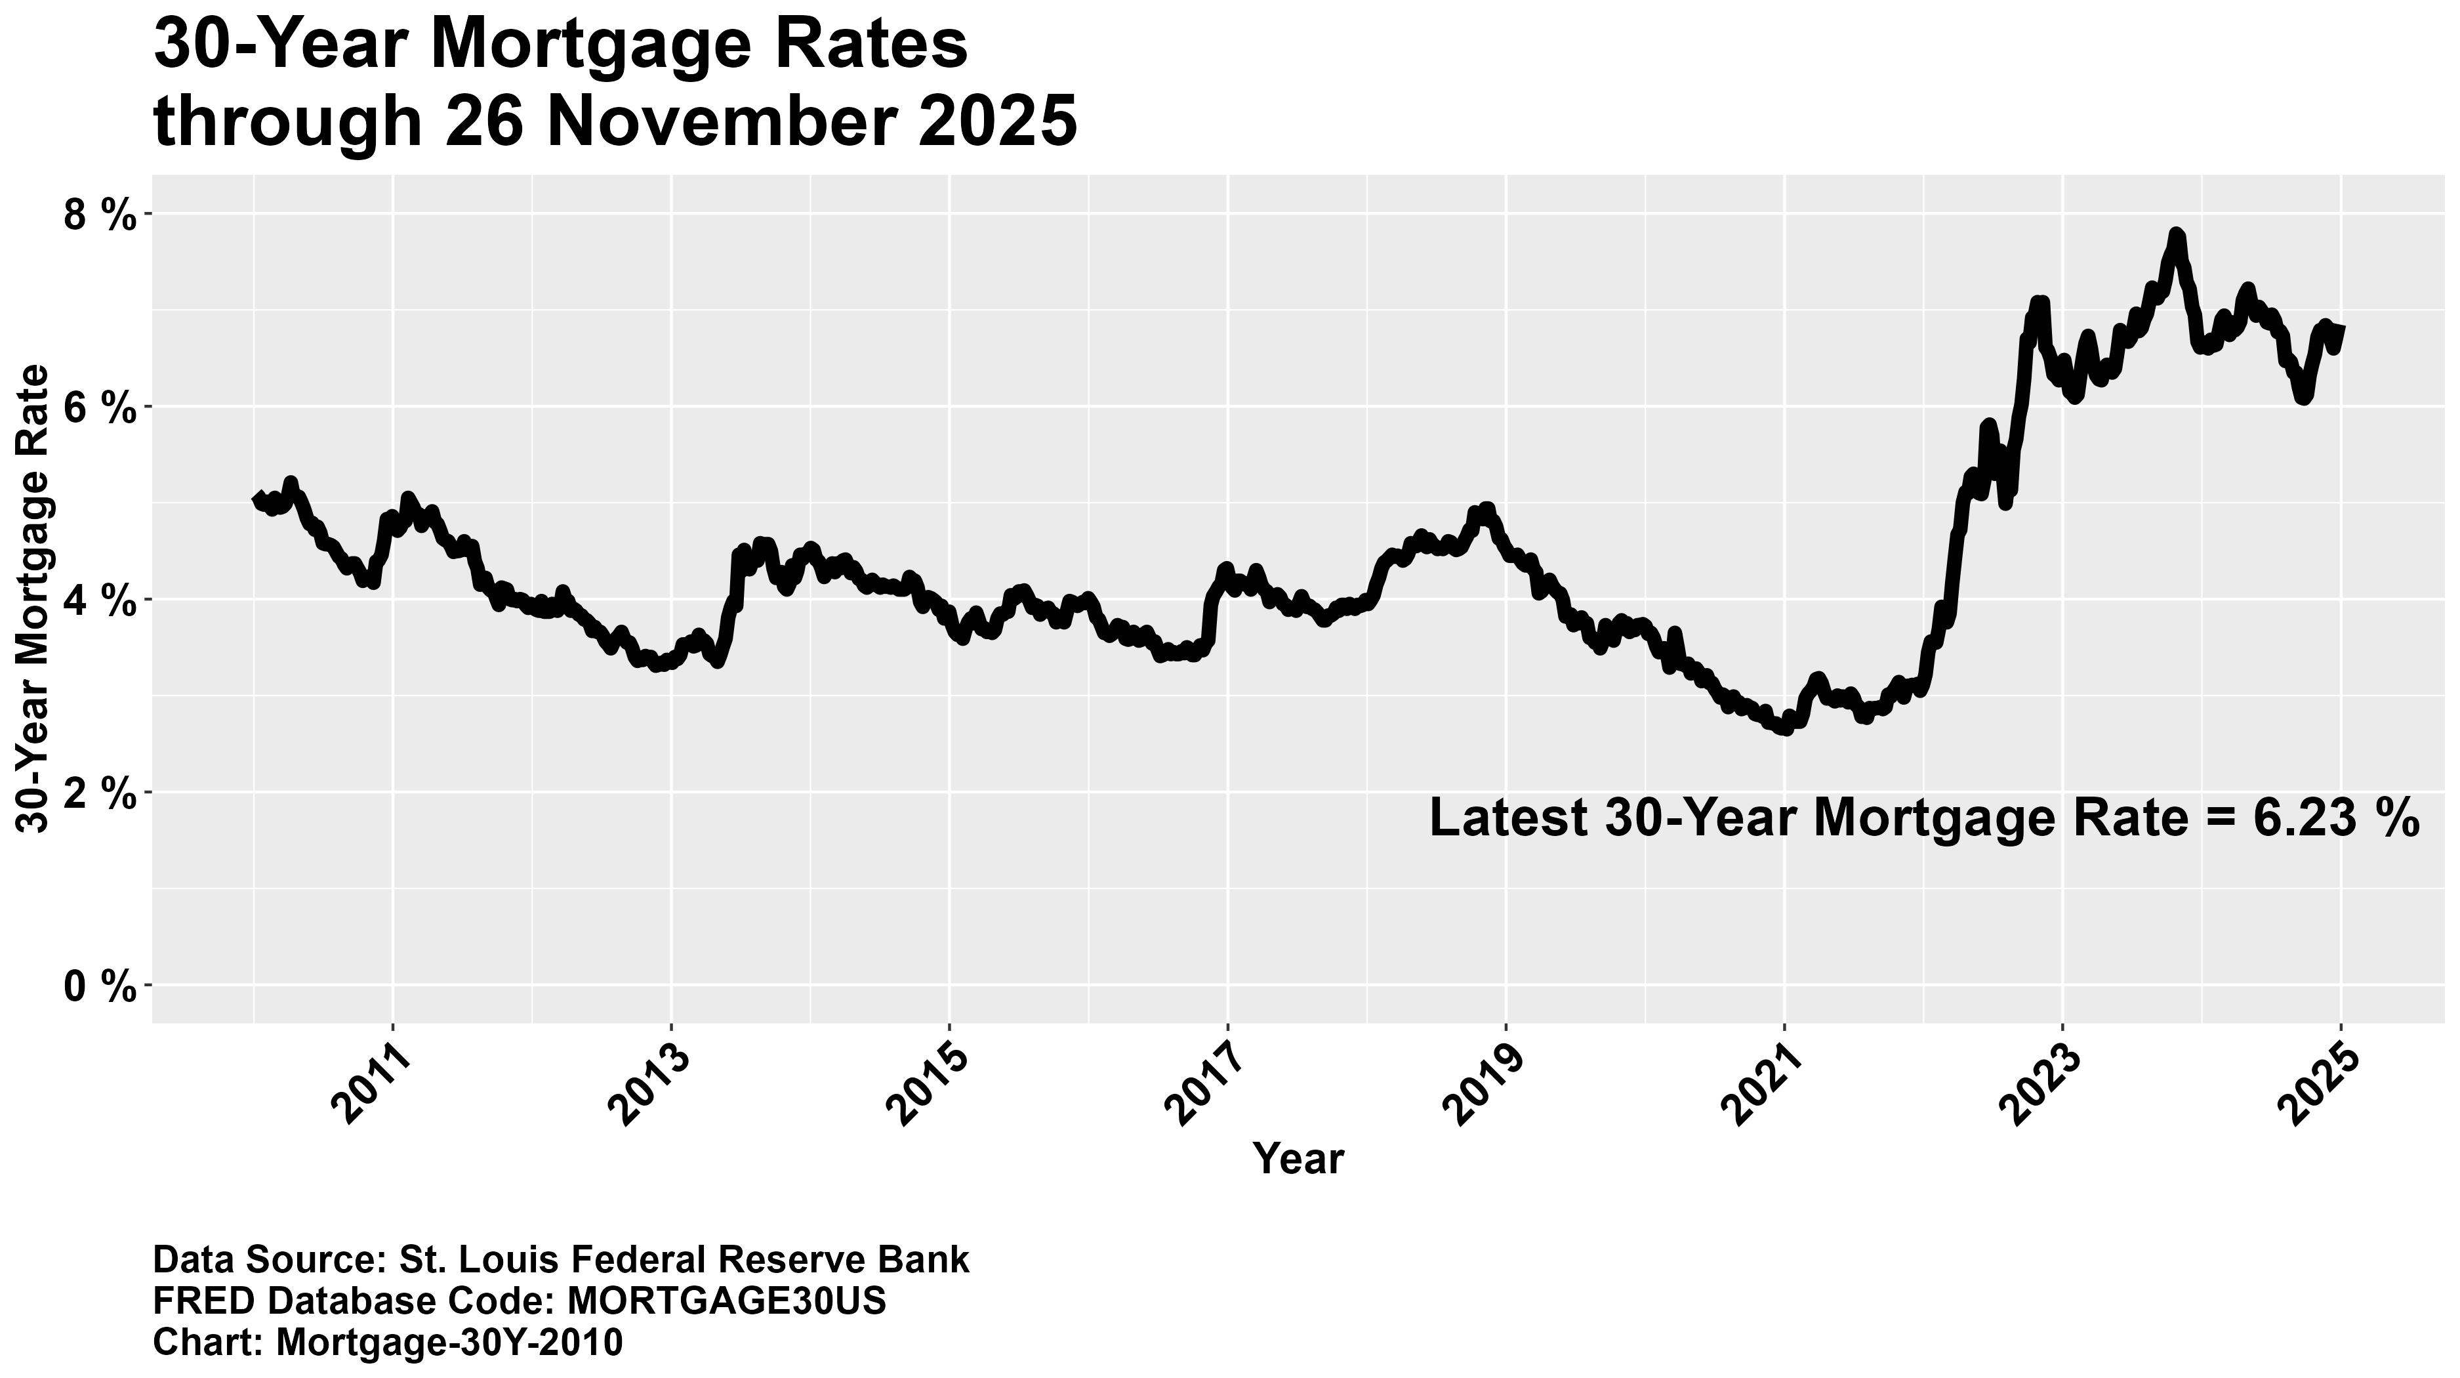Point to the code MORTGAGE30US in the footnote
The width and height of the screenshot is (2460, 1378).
[727, 1301]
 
